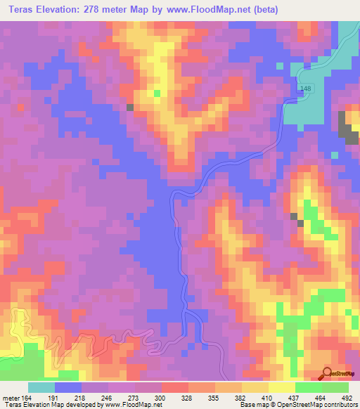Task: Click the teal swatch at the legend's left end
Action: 41,387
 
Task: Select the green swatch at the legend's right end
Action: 335,387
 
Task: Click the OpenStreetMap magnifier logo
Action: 326,372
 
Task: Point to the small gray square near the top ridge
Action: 130,107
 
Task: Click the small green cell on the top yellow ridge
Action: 157,92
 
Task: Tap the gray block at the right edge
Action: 347,126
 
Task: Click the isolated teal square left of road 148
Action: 281,67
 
